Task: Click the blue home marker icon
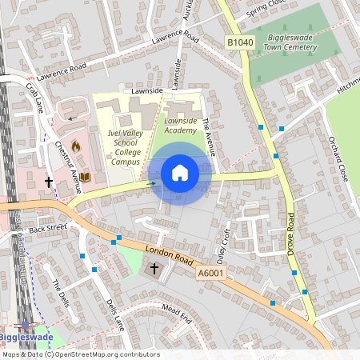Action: pyautogui.click(x=179, y=173)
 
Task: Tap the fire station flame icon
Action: pyautogui.click(x=76, y=146)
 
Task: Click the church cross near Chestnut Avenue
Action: pyautogui.click(x=48, y=182)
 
